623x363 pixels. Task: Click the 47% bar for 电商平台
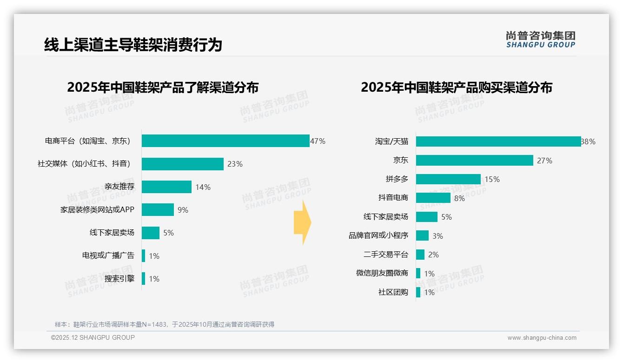point(225,141)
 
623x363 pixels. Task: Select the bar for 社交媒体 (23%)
point(183,164)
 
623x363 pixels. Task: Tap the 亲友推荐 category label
point(119,187)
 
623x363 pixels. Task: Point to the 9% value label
point(183,210)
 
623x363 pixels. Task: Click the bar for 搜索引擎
point(144,279)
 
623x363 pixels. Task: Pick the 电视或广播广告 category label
point(108,255)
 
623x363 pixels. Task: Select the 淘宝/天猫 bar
point(498,141)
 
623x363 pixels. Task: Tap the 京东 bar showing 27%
point(474,161)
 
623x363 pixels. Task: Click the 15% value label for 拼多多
point(492,179)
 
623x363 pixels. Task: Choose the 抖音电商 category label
point(393,198)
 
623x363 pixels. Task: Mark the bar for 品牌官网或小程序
point(422,235)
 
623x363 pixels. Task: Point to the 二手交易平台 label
point(385,255)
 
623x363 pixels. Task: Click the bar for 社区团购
point(418,292)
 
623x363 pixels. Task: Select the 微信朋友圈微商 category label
point(382,273)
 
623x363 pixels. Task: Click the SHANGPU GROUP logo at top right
point(540,40)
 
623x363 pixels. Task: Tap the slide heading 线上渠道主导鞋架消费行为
point(133,45)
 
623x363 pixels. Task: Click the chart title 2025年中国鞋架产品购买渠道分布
point(456,87)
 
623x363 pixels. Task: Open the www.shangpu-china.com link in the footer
point(542,338)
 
